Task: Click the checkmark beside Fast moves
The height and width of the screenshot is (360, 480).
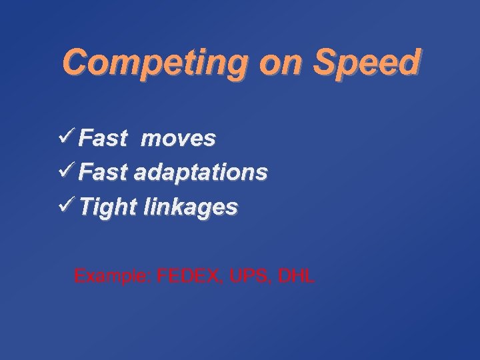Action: tap(67, 137)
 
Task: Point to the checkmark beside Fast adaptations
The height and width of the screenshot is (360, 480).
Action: tap(67, 172)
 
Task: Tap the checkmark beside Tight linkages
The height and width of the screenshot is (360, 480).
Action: tap(67, 207)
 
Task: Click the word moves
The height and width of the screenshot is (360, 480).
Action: tap(178, 139)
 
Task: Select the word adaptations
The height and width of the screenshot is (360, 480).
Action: tap(201, 173)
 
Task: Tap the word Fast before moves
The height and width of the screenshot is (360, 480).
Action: tap(103, 139)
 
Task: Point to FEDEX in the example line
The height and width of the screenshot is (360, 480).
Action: tap(189, 276)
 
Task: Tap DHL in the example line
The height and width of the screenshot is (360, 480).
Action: tap(296, 276)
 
